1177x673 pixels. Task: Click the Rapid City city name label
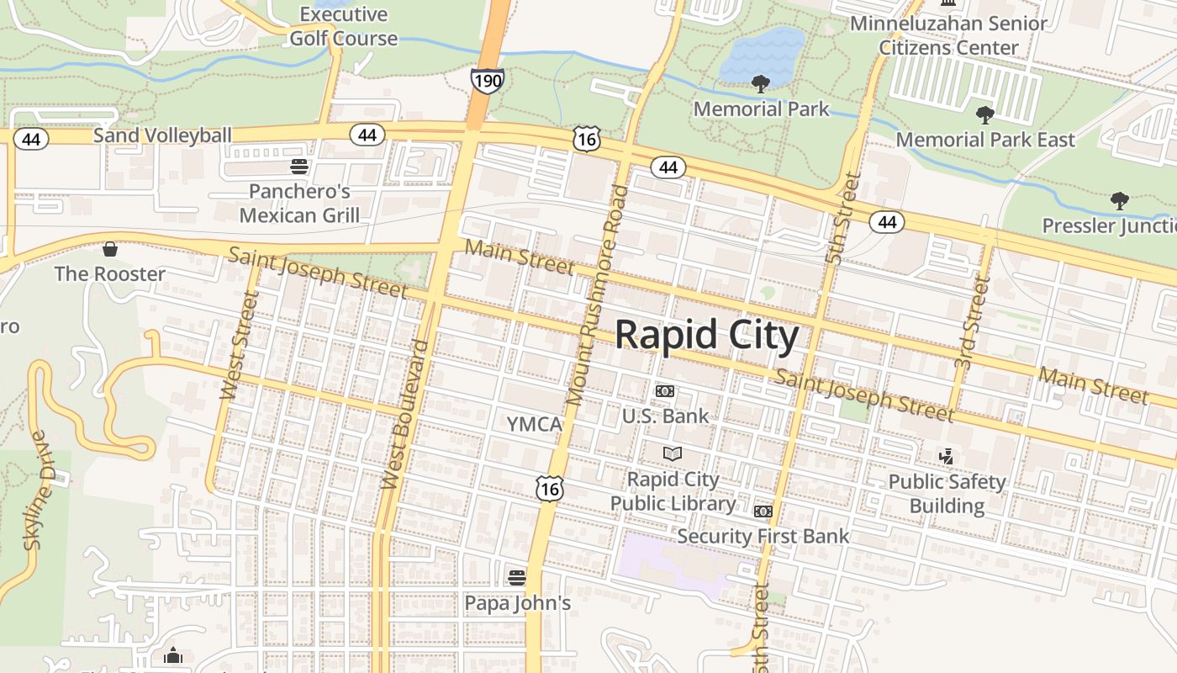pos(706,335)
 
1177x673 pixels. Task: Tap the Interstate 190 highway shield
pos(488,81)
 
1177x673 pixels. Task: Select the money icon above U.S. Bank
pos(665,391)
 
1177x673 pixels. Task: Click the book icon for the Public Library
pos(673,454)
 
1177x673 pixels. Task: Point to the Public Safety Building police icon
pos(947,456)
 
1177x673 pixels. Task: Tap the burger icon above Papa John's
pos(517,577)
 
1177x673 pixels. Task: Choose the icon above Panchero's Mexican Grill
pos(299,166)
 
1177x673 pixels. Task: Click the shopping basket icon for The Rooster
pos(109,249)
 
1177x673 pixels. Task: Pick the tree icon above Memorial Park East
pos(984,114)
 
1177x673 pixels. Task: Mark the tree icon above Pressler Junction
pos(1119,200)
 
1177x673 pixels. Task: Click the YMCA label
pos(535,424)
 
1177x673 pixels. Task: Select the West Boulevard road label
pos(406,414)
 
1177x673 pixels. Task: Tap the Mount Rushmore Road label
pos(598,294)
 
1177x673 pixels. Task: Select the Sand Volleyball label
pos(162,135)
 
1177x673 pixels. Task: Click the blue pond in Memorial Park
pos(763,56)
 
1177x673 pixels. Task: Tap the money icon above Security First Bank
pos(763,511)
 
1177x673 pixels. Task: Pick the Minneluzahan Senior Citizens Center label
pos(949,35)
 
